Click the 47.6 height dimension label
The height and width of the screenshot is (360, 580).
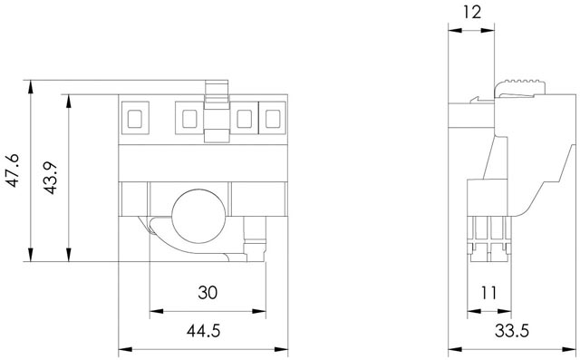coord(14,170)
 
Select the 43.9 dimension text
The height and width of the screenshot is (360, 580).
coord(50,178)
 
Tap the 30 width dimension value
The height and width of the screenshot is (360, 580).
coord(208,293)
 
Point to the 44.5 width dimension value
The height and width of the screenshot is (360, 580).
coord(203,330)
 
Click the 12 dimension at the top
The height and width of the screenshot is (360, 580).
coord(472,12)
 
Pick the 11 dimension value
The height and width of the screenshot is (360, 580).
coord(488,293)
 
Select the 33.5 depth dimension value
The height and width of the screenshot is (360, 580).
coord(512,330)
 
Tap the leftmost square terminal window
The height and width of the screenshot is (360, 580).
coord(135,118)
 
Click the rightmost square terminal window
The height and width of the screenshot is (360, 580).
coord(273,118)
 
